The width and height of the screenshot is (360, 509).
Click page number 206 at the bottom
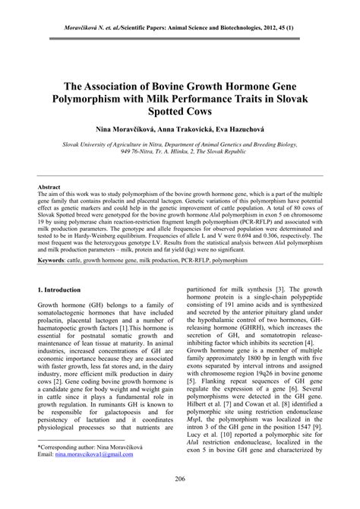click(180, 478)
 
